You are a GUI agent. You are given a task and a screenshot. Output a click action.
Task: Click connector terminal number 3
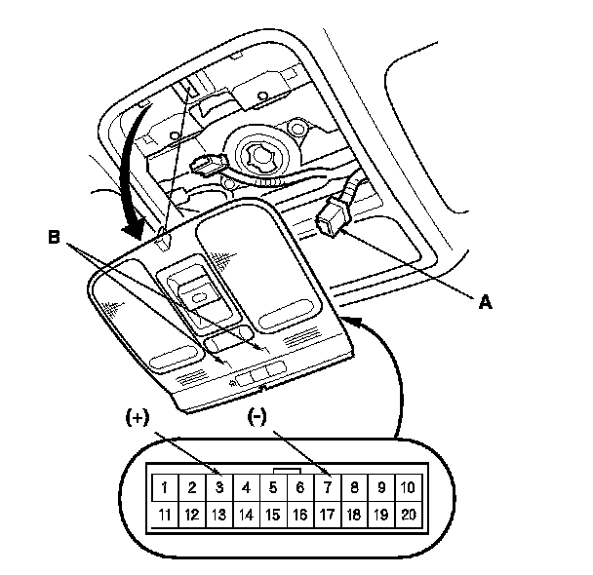click(x=219, y=487)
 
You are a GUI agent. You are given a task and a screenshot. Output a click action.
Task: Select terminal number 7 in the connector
click(x=328, y=487)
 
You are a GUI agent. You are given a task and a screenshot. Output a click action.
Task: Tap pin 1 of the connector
click(x=165, y=487)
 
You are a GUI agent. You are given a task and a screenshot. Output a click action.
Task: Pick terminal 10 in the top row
click(x=408, y=487)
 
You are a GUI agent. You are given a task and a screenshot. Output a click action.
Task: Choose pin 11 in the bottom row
click(x=165, y=515)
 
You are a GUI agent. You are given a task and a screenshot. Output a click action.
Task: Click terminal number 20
click(x=408, y=515)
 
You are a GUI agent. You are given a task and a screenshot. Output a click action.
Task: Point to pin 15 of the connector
click(x=273, y=515)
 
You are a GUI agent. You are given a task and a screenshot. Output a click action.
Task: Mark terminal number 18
click(x=354, y=515)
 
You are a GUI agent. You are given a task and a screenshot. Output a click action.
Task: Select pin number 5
click(x=273, y=487)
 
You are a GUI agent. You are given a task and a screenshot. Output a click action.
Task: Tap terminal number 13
click(x=219, y=515)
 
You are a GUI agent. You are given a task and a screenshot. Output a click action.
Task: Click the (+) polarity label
click(x=138, y=418)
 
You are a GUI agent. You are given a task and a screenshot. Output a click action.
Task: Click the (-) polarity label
click(x=257, y=417)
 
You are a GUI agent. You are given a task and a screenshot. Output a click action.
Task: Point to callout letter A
click(x=485, y=302)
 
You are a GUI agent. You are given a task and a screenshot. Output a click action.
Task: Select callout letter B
click(x=54, y=237)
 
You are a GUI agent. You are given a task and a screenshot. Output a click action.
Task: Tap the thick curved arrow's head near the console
click(x=133, y=229)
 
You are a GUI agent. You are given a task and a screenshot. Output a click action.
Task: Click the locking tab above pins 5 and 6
click(x=287, y=471)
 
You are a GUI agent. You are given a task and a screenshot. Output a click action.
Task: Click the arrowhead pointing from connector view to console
click(x=351, y=322)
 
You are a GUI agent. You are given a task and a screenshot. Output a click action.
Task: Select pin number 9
click(x=381, y=487)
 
